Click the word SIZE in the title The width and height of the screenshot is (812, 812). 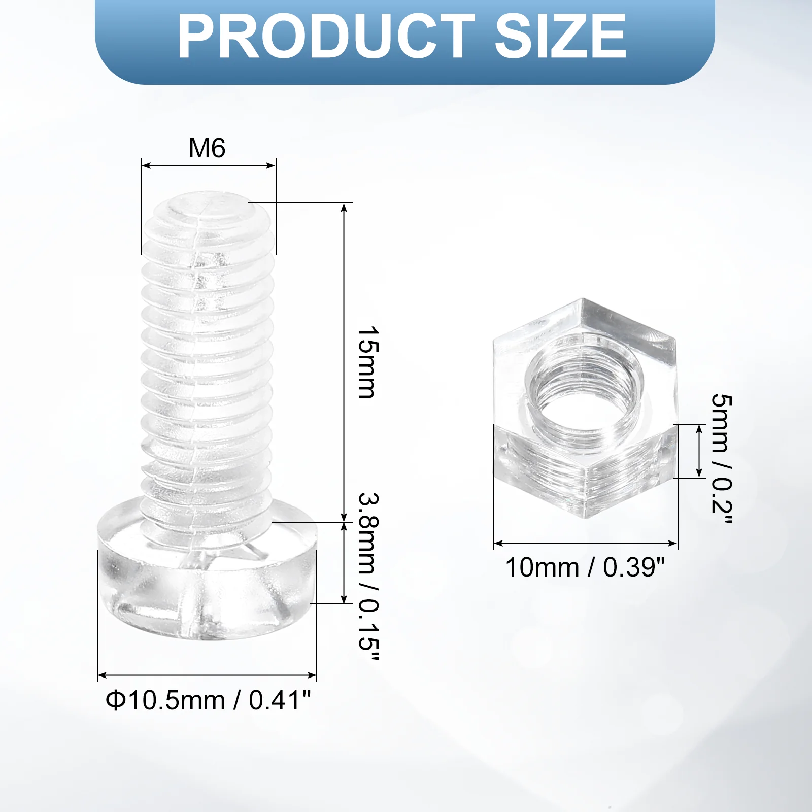tap(561, 36)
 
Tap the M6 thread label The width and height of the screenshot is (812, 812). tap(207, 148)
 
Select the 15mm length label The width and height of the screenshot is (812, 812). tap(369, 362)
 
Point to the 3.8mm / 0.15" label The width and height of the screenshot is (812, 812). tap(369, 577)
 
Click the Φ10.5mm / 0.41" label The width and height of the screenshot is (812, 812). tap(208, 700)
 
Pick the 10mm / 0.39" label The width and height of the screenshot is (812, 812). tap(585, 567)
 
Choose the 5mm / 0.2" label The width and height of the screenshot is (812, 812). tap(722, 459)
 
